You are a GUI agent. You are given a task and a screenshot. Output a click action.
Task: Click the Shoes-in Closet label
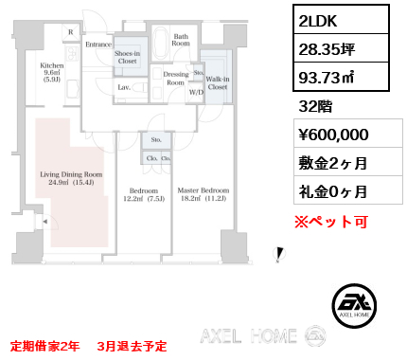[127, 59]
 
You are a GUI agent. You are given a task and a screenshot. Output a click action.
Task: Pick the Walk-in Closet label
[217, 81]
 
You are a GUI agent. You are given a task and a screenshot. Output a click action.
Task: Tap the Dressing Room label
[175, 78]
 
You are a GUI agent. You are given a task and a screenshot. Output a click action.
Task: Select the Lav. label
[124, 87]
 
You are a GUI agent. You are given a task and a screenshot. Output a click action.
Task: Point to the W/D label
[196, 92]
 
